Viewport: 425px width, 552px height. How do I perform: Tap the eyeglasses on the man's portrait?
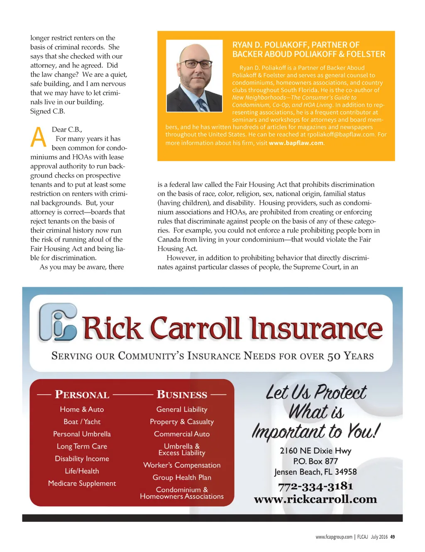coord(198,64)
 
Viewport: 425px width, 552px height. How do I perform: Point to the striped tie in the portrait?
coord(203,105)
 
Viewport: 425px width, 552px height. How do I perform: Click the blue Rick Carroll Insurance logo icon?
coord(58,322)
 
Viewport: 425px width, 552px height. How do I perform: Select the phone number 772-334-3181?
coord(315,486)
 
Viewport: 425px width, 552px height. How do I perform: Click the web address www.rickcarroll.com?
coord(315,499)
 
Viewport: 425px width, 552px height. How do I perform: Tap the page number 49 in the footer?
coord(393,537)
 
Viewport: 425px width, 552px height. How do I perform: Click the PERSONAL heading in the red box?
coord(82,394)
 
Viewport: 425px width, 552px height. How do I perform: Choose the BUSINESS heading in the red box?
coord(182,394)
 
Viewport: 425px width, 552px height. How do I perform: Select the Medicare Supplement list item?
coord(82,483)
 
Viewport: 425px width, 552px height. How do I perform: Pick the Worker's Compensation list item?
coord(182,465)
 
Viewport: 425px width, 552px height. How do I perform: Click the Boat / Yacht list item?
coord(82,422)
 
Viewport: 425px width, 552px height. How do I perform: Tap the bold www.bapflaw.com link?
coord(296,143)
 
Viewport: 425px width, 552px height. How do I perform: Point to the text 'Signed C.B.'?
coord(48,111)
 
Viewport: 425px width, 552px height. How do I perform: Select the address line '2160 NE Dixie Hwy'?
coord(315,451)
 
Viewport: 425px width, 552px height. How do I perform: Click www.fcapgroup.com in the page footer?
coord(334,537)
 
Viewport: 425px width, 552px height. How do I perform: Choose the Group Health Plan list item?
coord(182,477)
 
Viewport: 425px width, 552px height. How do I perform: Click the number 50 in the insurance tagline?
coord(334,356)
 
